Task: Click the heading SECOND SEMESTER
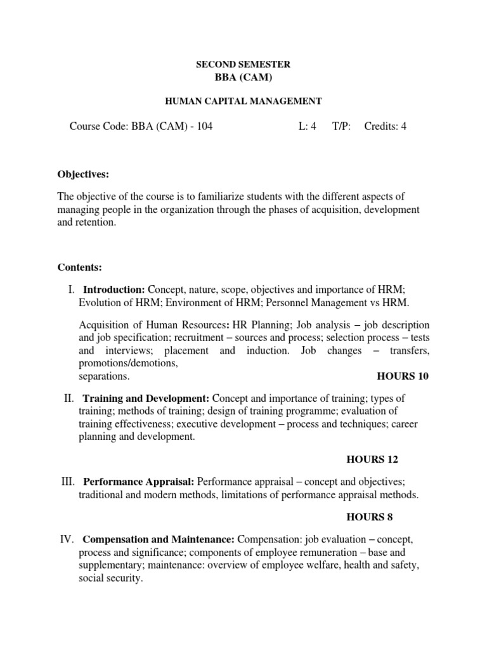click(x=243, y=65)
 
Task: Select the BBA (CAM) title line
click(x=243, y=77)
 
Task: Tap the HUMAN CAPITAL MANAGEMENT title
click(x=243, y=101)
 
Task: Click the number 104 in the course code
click(x=204, y=126)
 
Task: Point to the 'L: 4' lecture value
click(x=307, y=126)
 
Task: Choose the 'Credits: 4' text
click(x=386, y=126)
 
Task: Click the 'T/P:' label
click(x=341, y=126)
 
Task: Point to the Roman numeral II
click(x=69, y=398)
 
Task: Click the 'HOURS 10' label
click(x=403, y=376)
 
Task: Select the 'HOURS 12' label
click(x=372, y=459)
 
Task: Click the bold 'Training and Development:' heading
click(x=146, y=398)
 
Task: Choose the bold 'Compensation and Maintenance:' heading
click(x=159, y=539)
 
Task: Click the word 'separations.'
click(x=104, y=376)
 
